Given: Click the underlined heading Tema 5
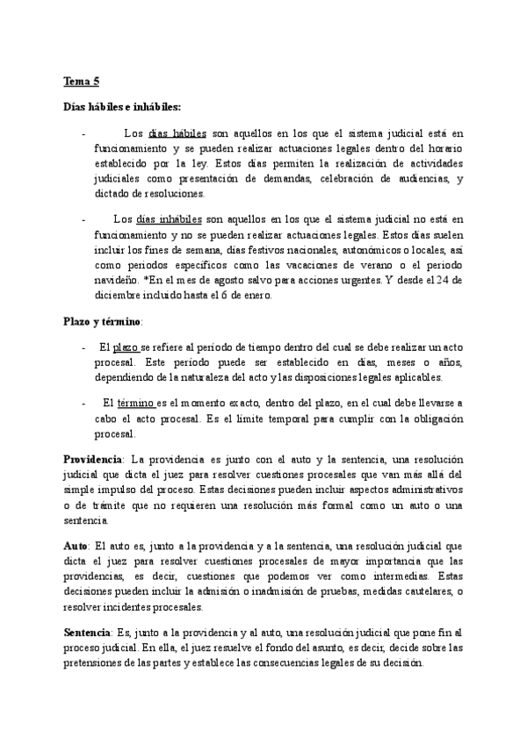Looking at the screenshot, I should pyautogui.click(x=82, y=82).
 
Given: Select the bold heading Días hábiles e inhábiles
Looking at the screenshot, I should pyautogui.click(x=122, y=107).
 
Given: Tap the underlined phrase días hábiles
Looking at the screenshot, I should pyautogui.click(x=178, y=134).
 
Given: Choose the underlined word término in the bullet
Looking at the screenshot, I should pyautogui.click(x=134, y=403).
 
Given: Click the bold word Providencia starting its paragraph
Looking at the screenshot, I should pyautogui.click(x=95, y=460).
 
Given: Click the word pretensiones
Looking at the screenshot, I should pyautogui.click(x=99, y=663).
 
